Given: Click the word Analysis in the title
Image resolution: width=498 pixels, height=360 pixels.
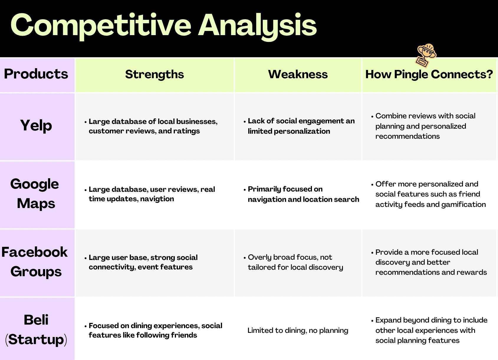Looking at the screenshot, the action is click(x=257, y=27).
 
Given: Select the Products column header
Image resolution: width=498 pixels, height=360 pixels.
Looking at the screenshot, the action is click(x=36, y=74).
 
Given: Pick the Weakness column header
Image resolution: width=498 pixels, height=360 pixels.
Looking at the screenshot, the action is click(x=298, y=74).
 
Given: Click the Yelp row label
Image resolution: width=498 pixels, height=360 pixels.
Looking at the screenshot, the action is click(x=36, y=126).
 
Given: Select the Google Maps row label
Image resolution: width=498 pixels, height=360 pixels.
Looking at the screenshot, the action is click(x=35, y=194).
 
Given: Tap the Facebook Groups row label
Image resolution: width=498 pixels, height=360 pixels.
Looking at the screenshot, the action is click(x=35, y=262).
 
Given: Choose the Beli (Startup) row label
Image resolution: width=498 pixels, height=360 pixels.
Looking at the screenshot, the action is click(x=36, y=330).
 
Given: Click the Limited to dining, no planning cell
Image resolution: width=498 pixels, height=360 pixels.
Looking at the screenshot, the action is click(x=298, y=330).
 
